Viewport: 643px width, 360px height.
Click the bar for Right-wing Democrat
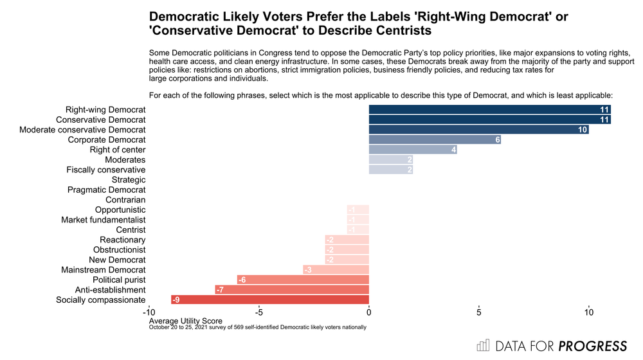click(489, 110)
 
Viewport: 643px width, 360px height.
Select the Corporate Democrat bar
click(435, 140)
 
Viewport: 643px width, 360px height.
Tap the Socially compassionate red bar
click(270, 300)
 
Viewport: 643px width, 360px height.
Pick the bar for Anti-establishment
click(292, 290)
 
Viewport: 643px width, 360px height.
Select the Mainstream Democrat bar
click(336, 270)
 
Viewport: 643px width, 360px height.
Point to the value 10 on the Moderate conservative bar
click(583, 130)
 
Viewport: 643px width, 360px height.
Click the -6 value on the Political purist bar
click(242, 280)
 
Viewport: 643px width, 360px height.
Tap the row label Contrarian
click(125, 200)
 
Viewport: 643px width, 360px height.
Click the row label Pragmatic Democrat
click(106, 190)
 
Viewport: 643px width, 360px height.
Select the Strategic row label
click(129, 180)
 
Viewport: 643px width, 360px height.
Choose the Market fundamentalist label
click(103, 220)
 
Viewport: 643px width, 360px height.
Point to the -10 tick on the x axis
click(149, 312)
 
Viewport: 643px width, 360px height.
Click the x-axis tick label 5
click(479, 312)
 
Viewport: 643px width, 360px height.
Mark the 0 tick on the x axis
click(369, 312)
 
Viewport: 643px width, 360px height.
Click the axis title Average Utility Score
click(185, 320)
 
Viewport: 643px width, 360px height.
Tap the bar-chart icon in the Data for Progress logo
click(483, 346)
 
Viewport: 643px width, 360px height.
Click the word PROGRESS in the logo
click(592, 346)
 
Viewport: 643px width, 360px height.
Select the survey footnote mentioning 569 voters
click(257, 327)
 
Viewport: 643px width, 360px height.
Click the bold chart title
click(358, 22)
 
